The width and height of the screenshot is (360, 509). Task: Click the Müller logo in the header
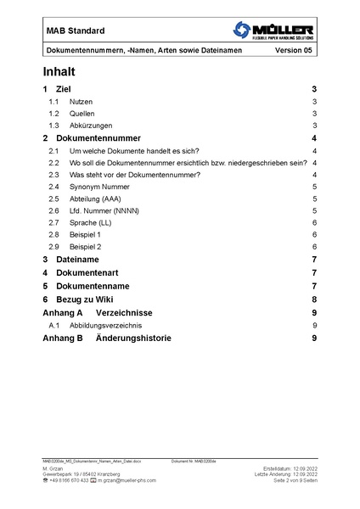point(272,32)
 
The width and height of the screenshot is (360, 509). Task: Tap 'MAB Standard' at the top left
point(76,31)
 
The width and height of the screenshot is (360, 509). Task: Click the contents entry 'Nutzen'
point(82,101)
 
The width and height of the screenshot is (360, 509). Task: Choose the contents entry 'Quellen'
point(83,113)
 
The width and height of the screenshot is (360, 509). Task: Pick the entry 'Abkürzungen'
point(91,126)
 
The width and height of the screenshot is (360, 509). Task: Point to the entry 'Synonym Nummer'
point(100,186)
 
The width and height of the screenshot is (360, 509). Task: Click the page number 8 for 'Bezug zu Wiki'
point(314,299)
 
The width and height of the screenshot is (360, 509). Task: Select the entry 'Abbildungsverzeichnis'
point(106,325)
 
